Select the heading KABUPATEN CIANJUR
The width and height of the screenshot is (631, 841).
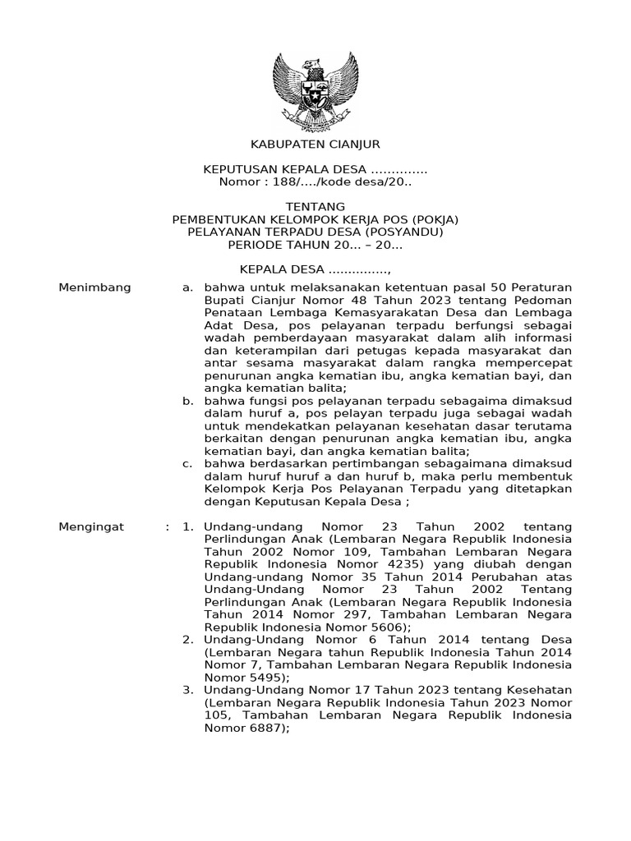tap(315, 144)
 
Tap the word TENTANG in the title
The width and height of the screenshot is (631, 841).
tap(315, 206)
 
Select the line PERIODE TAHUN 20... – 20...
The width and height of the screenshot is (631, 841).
tap(315, 245)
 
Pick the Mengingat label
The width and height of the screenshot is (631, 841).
tap(91, 526)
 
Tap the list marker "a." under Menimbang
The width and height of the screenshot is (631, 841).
tap(187, 287)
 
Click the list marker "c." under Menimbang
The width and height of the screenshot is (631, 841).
tap(187, 464)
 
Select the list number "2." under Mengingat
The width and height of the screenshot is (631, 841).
tap(187, 640)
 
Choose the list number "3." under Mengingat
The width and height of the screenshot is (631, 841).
tap(187, 690)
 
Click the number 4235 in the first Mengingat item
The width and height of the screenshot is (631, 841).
tap(372, 564)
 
